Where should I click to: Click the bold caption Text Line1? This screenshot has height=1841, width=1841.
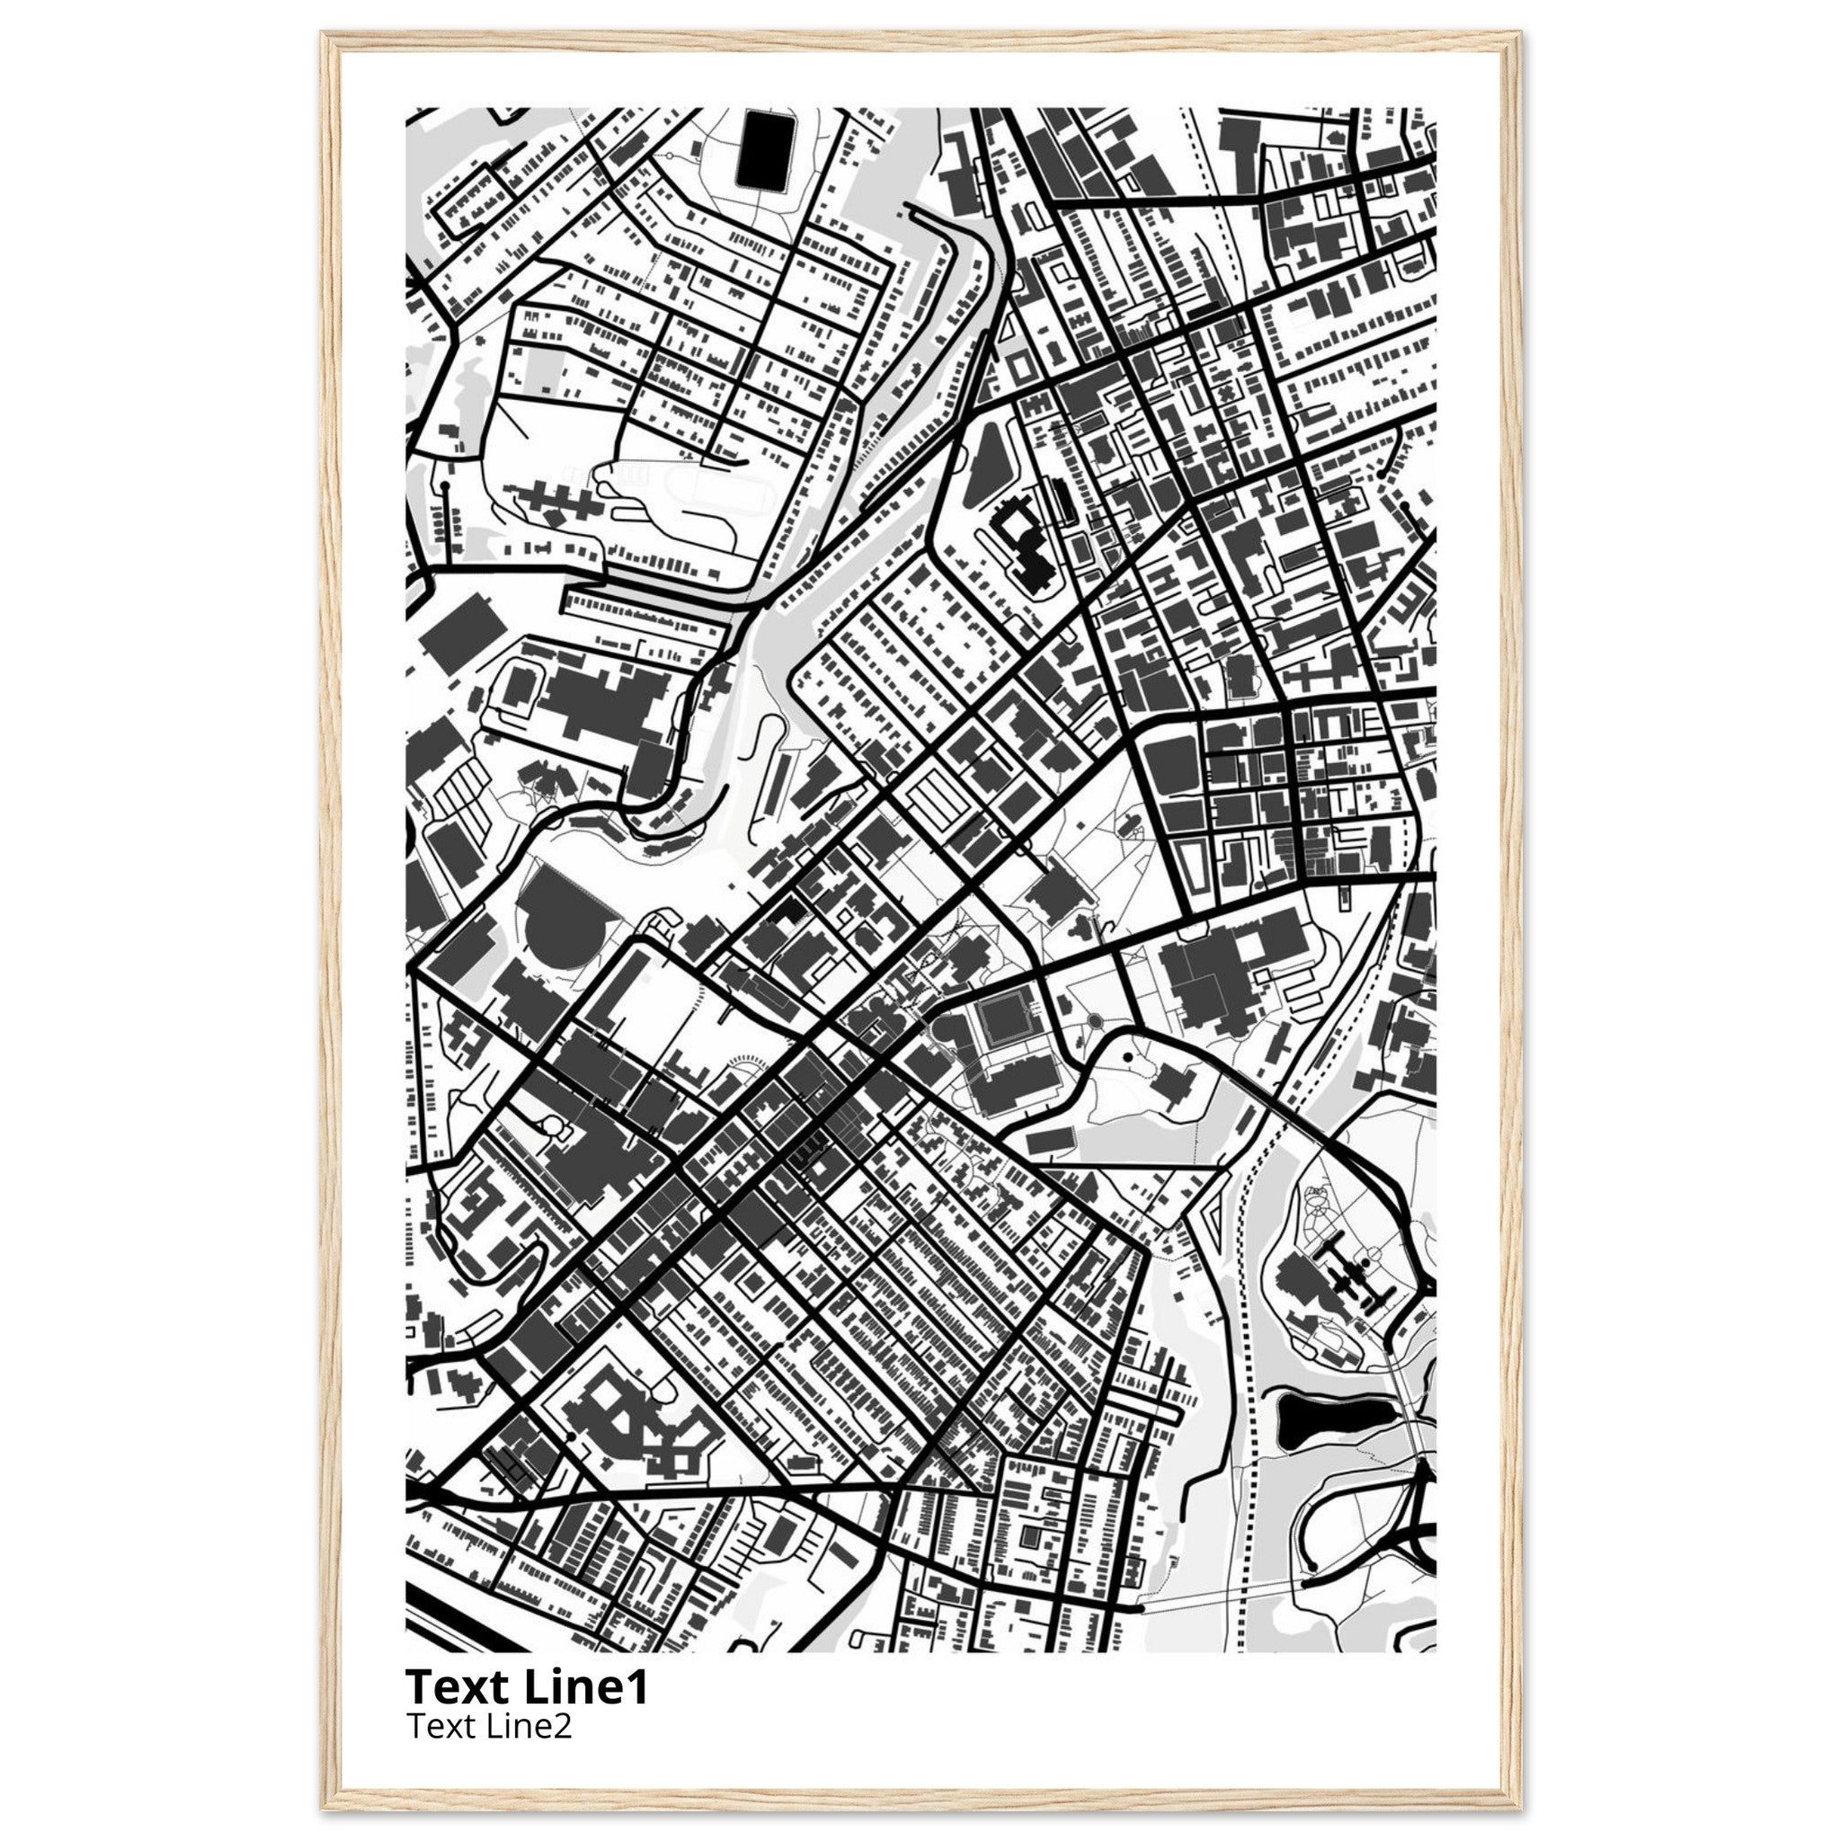click(527, 1686)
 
